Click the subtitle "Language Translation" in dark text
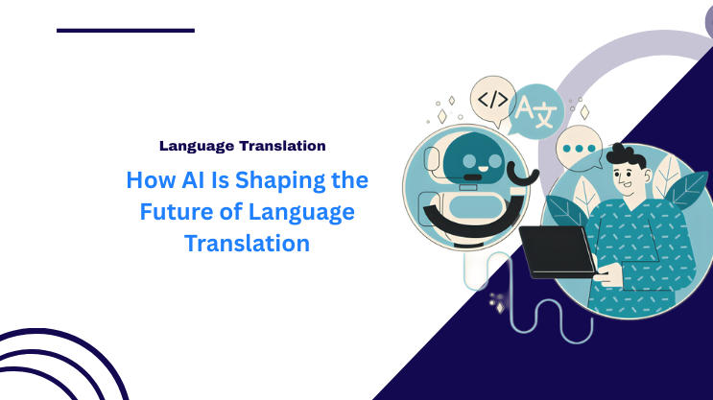242,146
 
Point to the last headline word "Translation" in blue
248,243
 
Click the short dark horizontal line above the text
125,31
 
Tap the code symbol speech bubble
493,100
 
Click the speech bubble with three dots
581,150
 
